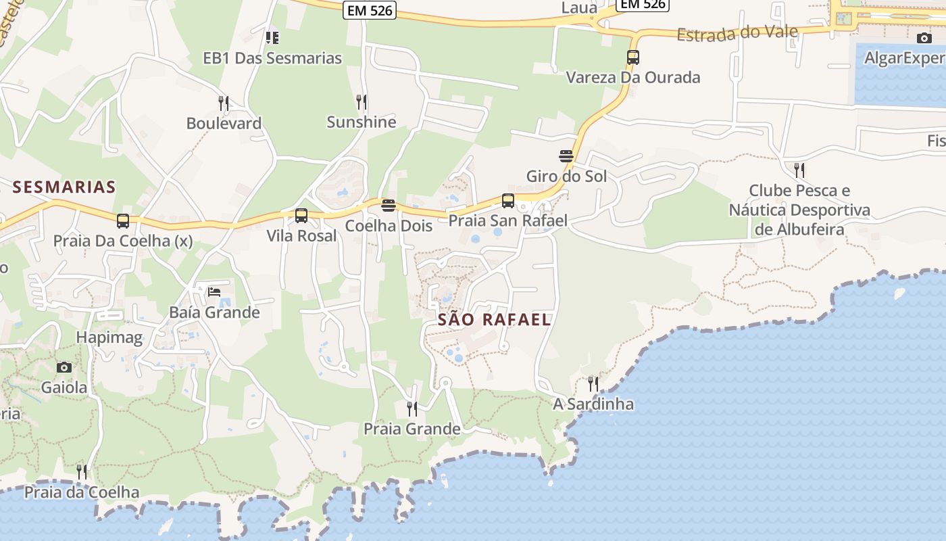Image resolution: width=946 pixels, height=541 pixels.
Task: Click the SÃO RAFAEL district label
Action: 494,320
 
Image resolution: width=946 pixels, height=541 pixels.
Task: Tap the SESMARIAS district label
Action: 64,187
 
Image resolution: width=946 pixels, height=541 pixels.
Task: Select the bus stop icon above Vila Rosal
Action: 301,216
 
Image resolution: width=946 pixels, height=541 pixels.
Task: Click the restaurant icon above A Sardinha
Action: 593,384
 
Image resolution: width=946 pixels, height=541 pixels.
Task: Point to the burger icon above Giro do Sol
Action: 566,156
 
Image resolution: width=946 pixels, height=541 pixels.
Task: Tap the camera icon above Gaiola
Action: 64,367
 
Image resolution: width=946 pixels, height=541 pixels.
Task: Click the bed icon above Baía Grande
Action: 214,292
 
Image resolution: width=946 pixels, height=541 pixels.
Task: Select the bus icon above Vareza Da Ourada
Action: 633,57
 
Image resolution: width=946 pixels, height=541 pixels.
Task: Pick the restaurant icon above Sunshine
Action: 362,102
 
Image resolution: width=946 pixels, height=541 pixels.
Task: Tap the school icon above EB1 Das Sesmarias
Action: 272,38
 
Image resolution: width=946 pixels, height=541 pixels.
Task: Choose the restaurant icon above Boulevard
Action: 224,103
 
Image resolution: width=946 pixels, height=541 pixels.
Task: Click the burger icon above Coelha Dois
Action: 389,206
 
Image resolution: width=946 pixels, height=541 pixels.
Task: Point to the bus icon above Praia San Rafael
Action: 508,201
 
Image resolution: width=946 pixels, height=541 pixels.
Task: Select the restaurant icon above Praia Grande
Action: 412,408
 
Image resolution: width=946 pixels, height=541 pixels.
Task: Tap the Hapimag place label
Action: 109,338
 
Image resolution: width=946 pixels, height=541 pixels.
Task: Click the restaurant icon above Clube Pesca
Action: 799,170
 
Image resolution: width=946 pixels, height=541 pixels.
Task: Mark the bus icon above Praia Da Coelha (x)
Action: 123,221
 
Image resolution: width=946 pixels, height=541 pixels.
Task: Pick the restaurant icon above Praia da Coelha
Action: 82,472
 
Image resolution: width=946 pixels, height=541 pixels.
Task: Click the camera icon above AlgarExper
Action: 924,38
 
